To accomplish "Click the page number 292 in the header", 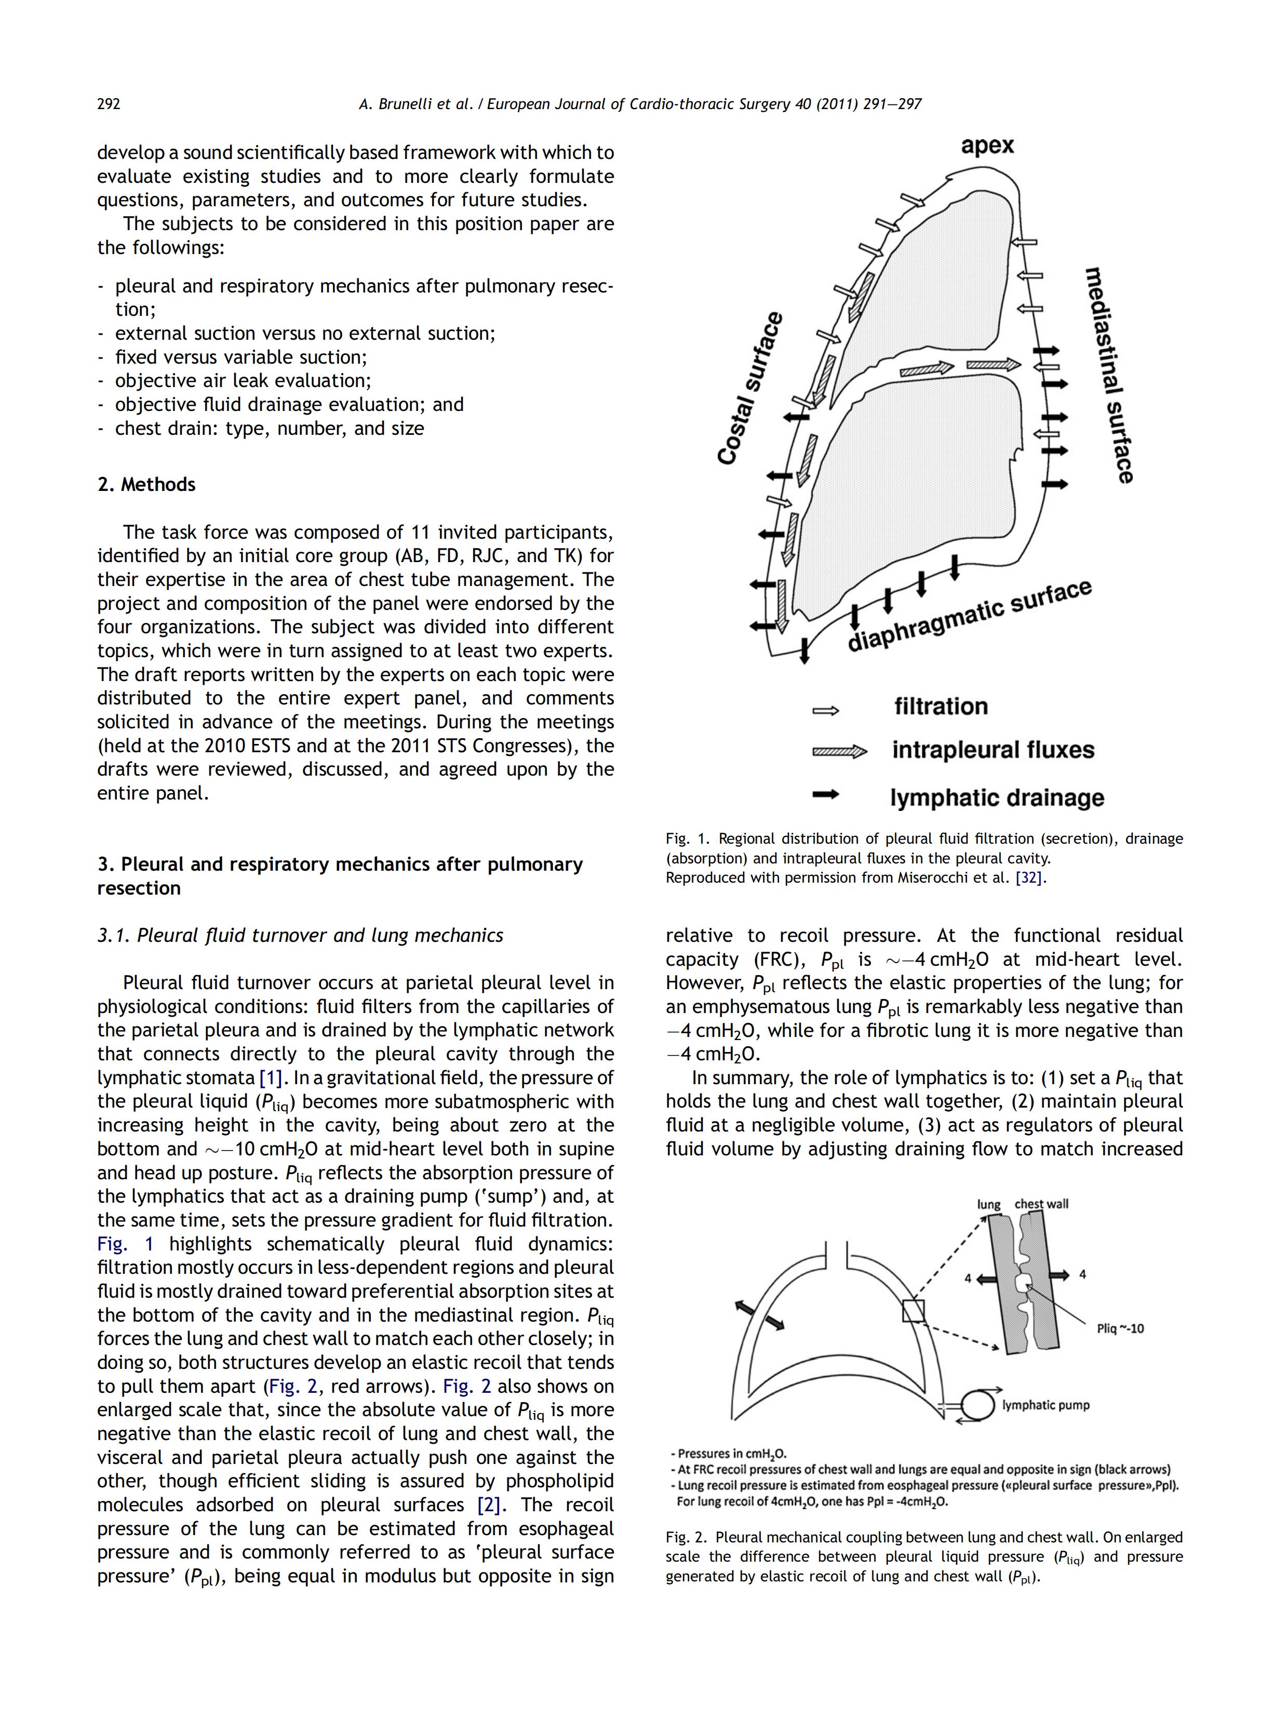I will pyautogui.click(x=109, y=104).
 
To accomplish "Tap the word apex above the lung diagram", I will pyautogui.click(x=987, y=145).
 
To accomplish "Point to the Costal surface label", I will pyautogui.click(x=749, y=389).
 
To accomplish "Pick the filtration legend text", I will pyautogui.click(x=941, y=706).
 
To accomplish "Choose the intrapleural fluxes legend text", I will pyautogui.click(x=993, y=750).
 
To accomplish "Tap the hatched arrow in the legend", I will pyautogui.click(x=838, y=751).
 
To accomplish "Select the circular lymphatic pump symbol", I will pyautogui.click(x=977, y=1405).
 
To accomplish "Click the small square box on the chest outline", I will pyautogui.click(x=913, y=1311).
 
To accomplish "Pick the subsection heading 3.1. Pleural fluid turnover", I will pyautogui.click(x=300, y=935).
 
